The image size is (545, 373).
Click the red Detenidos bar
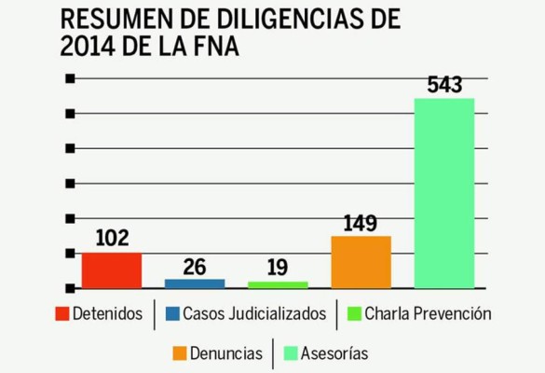click(x=112, y=269)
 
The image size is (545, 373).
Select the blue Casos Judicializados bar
click(x=195, y=283)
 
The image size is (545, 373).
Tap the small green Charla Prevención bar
click(x=278, y=283)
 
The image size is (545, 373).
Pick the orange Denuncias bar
click(x=361, y=261)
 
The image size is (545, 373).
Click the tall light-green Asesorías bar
click(x=444, y=192)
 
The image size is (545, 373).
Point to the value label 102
click(x=112, y=239)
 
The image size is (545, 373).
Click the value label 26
click(x=195, y=266)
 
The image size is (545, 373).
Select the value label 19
click(x=278, y=269)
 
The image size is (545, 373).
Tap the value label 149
click(x=360, y=223)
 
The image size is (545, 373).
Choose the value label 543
click(x=444, y=85)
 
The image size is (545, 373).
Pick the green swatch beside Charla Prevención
click(x=355, y=314)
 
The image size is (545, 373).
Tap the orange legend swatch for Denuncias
click(x=180, y=353)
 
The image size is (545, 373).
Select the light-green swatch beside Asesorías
click(x=290, y=353)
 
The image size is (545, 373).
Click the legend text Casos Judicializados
click(x=254, y=314)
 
